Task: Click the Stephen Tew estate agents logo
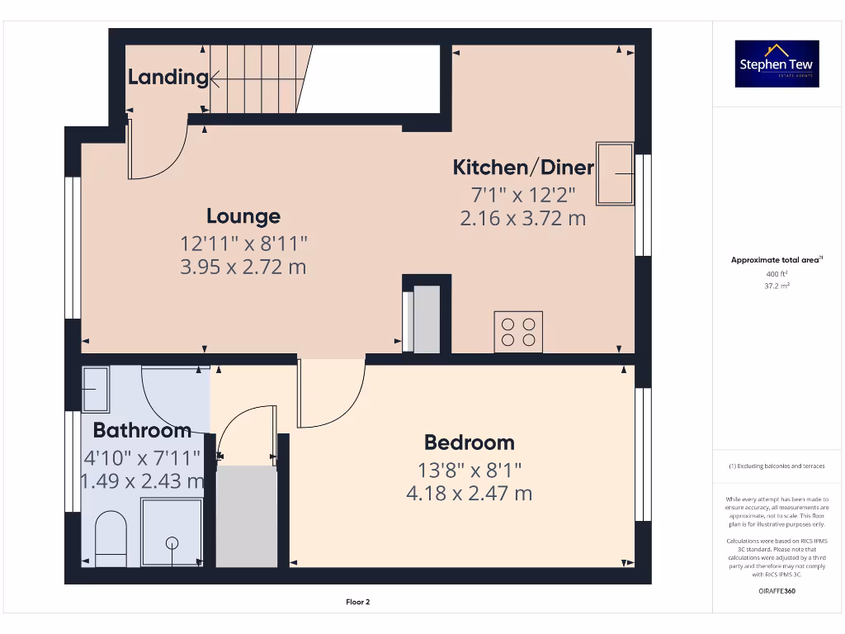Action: tap(777, 64)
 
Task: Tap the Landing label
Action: tap(168, 78)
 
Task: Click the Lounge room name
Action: tap(243, 216)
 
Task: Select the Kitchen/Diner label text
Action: tap(523, 168)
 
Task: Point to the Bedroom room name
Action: tap(469, 442)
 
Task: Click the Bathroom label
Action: tap(142, 430)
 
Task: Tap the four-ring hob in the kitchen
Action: tap(518, 331)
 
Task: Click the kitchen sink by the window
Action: tap(616, 174)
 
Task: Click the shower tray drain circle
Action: tap(172, 542)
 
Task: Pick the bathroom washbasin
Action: tap(97, 389)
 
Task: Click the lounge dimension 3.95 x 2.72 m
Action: tap(243, 267)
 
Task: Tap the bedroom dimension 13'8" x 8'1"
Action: tap(469, 470)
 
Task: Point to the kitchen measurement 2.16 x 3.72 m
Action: tap(523, 219)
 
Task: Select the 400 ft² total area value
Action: tap(777, 273)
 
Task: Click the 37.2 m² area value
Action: tap(777, 286)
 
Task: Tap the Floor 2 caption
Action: tap(357, 602)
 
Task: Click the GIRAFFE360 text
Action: tap(777, 591)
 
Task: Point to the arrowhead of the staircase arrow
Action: tap(213, 79)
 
